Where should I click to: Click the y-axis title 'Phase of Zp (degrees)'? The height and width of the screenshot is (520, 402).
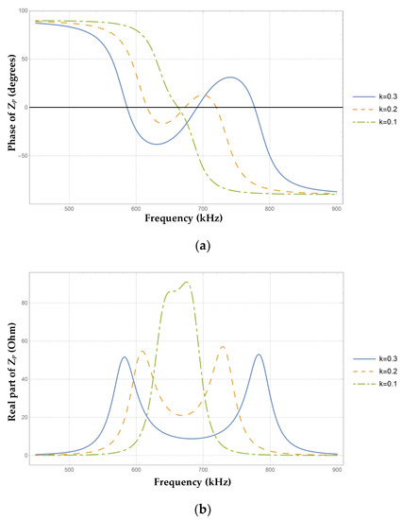(x=10, y=107)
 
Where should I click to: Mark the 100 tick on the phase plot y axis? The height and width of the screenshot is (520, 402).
(x=21, y=11)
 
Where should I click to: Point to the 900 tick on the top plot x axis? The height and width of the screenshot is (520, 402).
(x=336, y=209)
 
